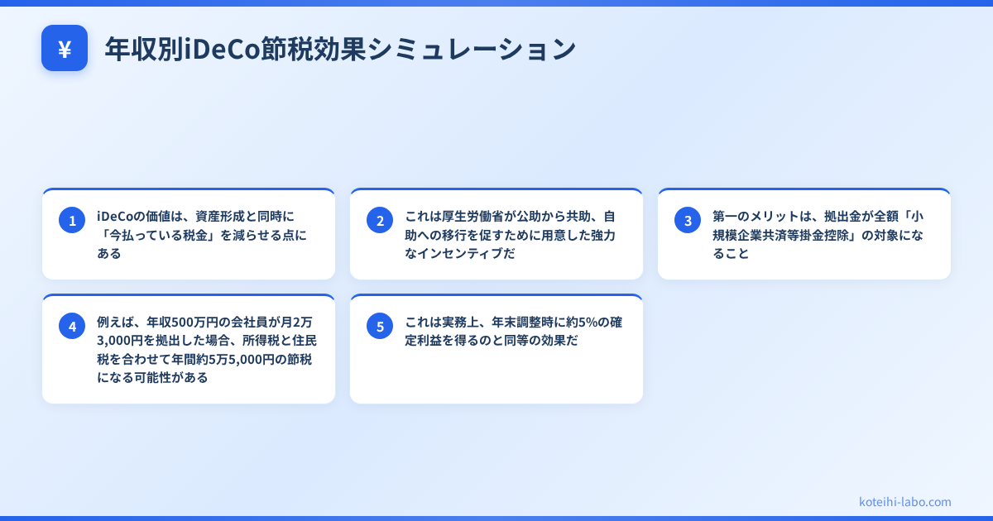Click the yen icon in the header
pyautogui.click(x=65, y=49)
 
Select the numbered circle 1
pyautogui.click(x=72, y=220)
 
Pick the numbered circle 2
pyautogui.click(x=380, y=220)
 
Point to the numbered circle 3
pyautogui.click(x=688, y=220)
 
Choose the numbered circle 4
pyautogui.click(x=72, y=326)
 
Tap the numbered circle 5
pyautogui.click(x=380, y=326)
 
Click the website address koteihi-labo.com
pyautogui.click(x=905, y=502)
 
